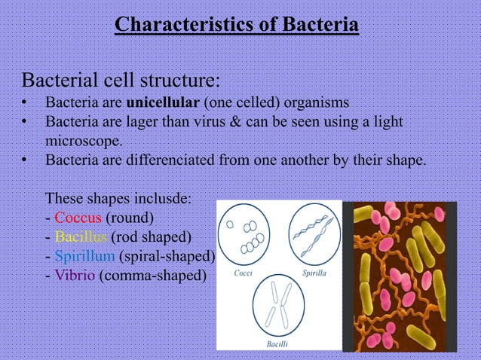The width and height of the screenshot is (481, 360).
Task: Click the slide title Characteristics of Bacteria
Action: pos(236,26)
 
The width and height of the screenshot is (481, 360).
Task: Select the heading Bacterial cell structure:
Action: pos(121,80)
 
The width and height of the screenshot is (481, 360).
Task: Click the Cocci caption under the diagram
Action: pos(244,272)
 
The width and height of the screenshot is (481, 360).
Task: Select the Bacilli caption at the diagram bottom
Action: pos(279,343)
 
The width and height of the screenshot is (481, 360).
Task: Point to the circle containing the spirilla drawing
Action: pos(314,233)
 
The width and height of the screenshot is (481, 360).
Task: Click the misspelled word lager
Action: pos(140,121)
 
